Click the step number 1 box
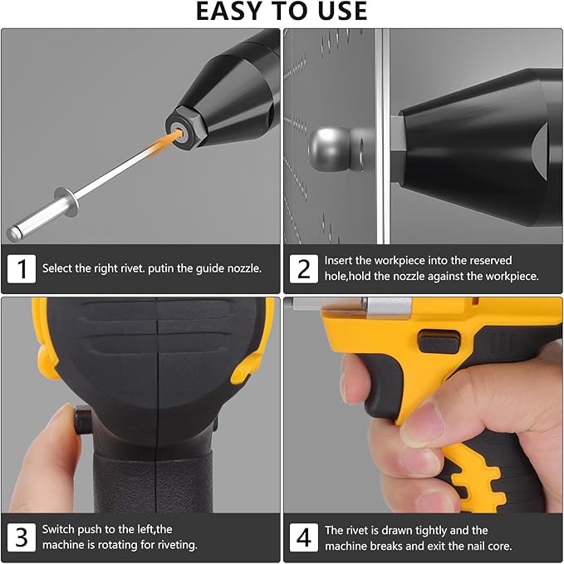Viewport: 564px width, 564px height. pos(22,268)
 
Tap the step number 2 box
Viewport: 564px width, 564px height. pos(304,268)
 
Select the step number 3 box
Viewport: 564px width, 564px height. pos(22,537)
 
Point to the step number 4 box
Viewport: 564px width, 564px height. pos(304,537)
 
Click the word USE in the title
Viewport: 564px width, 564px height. pos(338,11)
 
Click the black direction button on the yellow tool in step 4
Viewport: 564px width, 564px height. pos(438,341)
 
